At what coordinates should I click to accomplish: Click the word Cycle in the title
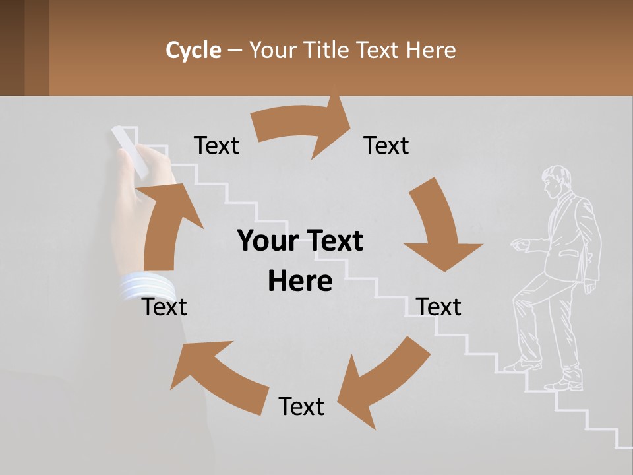(193, 50)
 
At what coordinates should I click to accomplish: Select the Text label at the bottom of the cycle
(301, 406)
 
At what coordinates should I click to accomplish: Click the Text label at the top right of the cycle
(386, 145)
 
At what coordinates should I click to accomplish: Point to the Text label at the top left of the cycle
(216, 145)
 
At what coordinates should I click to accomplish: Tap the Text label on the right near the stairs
(438, 307)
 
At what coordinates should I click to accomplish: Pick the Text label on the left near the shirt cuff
(165, 307)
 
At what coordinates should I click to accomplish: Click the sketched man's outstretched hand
(520, 245)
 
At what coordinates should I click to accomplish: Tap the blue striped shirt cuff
(146, 287)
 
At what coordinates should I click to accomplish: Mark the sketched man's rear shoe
(564, 384)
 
